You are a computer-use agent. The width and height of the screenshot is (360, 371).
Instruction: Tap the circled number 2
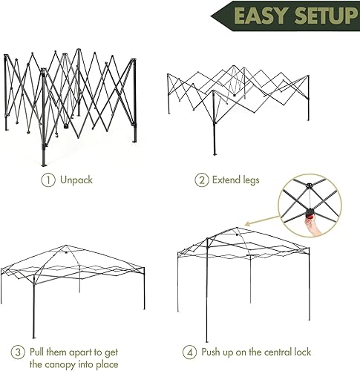[x=201, y=180]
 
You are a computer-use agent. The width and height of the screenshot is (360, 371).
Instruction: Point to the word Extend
[x=226, y=180]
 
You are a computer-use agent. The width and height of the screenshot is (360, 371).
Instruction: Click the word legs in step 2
[x=252, y=180]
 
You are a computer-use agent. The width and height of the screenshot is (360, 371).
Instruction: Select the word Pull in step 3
[x=39, y=351]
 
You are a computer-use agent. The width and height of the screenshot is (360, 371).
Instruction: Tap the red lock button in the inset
[x=307, y=215]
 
